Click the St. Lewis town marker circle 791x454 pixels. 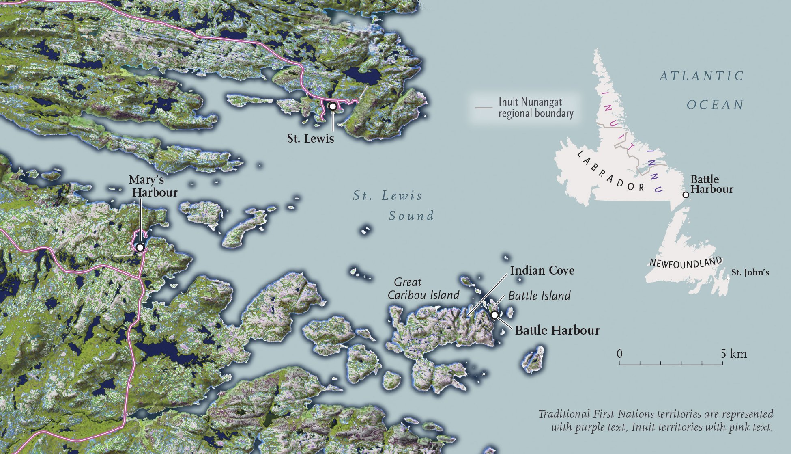[333, 106]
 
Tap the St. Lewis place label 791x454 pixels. [310, 138]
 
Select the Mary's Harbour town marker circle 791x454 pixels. [140, 247]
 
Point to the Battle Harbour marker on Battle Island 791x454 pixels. [494, 315]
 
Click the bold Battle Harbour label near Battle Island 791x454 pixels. [557, 331]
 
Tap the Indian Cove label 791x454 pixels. [542, 270]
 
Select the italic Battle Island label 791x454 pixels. [539, 296]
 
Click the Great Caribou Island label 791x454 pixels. [423, 288]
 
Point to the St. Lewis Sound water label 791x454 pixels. [393, 205]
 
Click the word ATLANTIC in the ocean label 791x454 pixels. [701, 76]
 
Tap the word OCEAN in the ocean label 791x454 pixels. [715, 105]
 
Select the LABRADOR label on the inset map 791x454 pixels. [610, 171]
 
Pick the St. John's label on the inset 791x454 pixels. [750, 272]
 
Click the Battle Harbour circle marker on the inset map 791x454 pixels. [686, 195]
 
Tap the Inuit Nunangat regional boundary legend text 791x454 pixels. [535, 108]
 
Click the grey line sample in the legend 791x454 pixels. [484, 108]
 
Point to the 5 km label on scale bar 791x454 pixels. [733, 354]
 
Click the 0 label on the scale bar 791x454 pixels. [619, 354]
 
